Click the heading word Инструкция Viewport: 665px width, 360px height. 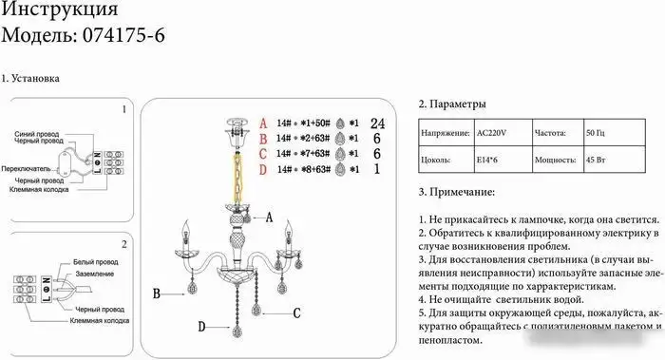62,11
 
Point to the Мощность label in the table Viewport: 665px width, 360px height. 555,161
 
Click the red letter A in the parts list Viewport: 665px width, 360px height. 265,123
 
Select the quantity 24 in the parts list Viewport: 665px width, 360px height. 376,123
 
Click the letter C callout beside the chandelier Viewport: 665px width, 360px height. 296,312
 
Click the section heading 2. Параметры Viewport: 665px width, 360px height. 452,104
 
